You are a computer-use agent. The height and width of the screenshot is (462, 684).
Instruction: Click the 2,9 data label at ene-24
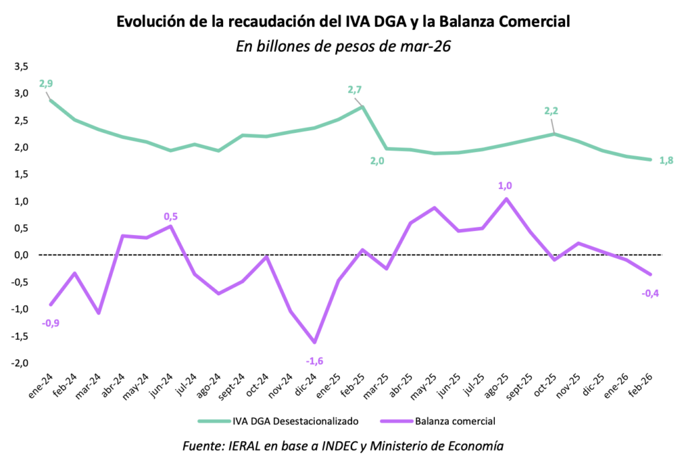46,84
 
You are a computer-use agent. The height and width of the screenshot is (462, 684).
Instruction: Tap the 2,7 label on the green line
355,89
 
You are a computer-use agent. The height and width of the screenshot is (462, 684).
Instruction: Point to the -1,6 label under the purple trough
315,361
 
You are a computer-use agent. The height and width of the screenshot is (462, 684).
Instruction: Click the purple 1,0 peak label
505,186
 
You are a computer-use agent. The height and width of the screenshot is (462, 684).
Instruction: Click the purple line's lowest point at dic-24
315,342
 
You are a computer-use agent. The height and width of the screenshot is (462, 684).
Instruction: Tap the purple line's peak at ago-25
506,199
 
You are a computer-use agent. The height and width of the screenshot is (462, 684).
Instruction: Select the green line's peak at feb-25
362,106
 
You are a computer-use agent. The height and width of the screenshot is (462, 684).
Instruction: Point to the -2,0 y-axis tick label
19,363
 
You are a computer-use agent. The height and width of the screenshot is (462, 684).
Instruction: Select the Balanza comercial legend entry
456,421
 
